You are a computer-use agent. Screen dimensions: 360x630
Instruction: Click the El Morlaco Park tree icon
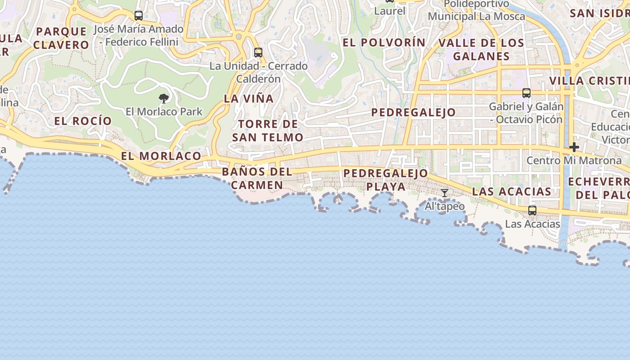[x=164, y=98]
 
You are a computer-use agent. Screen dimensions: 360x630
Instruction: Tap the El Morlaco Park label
[x=164, y=112]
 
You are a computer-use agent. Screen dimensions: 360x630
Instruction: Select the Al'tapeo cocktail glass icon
[x=445, y=193]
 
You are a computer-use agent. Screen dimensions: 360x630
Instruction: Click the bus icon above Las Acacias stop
[x=532, y=210]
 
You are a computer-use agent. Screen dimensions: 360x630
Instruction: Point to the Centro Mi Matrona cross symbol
[x=574, y=147]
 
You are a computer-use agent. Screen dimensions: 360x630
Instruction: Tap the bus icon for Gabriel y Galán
[x=526, y=93]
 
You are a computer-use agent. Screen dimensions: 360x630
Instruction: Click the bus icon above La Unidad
[x=258, y=52]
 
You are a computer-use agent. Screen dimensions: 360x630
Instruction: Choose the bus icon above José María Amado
[x=139, y=16]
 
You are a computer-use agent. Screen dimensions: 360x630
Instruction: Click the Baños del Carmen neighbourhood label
[x=257, y=178]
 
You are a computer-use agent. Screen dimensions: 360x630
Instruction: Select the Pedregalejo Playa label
[x=386, y=180]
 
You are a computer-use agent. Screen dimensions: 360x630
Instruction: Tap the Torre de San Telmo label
[x=268, y=130]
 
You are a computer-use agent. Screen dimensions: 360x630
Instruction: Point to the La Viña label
[x=249, y=99]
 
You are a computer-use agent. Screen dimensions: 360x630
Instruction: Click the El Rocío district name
[x=83, y=121]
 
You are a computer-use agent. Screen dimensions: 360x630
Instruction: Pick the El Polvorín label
[x=384, y=43]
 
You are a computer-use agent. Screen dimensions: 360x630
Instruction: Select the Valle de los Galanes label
[x=481, y=49]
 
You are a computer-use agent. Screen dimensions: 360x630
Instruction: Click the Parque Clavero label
[x=61, y=38]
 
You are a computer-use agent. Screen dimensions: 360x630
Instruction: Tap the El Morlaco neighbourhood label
[x=161, y=156]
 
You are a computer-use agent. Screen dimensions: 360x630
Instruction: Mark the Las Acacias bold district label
[x=512, y=192]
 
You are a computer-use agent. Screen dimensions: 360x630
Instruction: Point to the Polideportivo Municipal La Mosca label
[x=477, y=10]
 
